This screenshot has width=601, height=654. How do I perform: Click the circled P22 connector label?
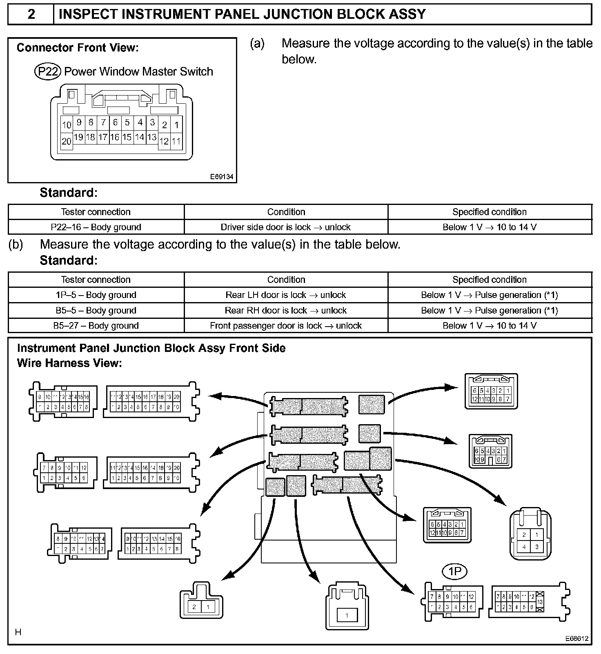pos(48,71)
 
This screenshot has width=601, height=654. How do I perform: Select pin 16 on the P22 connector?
pos(115,137)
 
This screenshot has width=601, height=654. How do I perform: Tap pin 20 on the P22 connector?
pos(66,141)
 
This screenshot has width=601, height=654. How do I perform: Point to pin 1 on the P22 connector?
pos(176,125)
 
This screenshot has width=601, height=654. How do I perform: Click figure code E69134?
pos(222,177)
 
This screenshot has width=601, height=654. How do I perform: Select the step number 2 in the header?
pos(31,14)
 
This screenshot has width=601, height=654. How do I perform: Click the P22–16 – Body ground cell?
pos(96,227)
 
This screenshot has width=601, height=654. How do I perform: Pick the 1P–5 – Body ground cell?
pos(96,295)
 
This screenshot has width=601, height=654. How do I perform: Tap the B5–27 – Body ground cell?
pos(96,325)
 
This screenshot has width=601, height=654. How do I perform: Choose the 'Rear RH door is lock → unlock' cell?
pos(286,310)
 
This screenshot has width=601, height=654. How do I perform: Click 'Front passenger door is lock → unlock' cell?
pos(286,325)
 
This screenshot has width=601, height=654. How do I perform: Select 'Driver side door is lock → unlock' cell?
pos(286,227)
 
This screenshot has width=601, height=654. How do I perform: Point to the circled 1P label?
pos(454,572)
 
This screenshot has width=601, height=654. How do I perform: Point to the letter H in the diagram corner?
pos(18,632)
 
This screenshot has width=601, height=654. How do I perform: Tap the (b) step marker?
pos(16,245)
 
